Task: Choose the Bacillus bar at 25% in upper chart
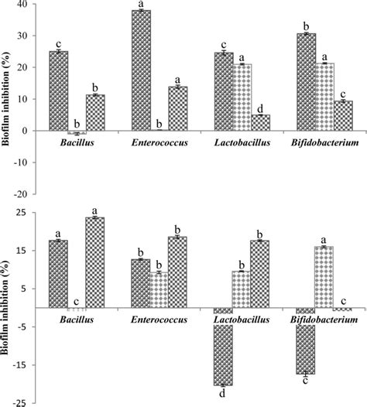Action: click(x=59, y=91)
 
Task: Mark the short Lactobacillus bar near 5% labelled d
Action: click(x=261, y=123)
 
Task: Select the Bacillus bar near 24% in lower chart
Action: click(x=96, y=262)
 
